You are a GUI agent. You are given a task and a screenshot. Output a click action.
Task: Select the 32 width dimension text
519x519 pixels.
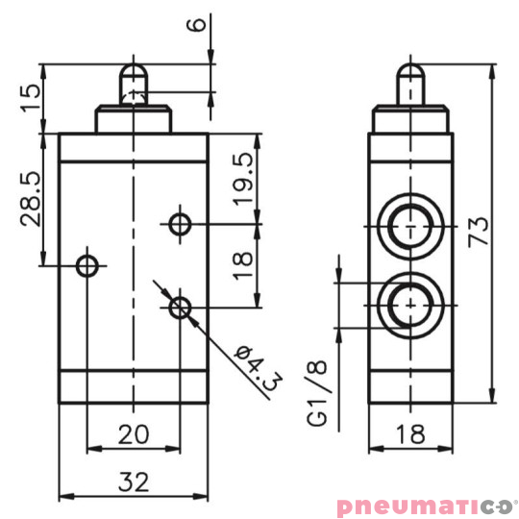[x=134, y=482]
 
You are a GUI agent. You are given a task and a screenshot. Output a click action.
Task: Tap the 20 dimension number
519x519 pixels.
[x=134, y=433]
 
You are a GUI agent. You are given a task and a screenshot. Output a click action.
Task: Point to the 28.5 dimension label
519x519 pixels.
[x=31, y=198]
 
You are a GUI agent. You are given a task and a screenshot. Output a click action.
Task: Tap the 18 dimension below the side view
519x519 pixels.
[x=410, y=433]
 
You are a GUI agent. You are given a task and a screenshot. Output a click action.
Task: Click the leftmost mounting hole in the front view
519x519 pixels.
[x=87, y=264]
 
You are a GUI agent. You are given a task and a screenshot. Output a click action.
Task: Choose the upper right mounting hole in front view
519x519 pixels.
[x=179, y=225]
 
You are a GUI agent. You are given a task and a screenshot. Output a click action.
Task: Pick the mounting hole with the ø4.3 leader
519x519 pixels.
[x=179, y=308]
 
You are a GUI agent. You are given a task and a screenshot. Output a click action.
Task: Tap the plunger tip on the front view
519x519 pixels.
[x=134, y=77]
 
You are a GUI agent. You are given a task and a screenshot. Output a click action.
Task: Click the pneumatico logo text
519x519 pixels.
[x=426, y=504]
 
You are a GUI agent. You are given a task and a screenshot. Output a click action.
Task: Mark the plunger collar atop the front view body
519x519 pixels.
[x=134, y=119]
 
